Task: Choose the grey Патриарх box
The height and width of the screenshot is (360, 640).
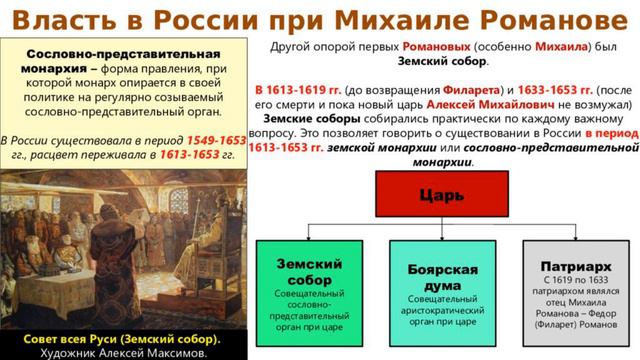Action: click(576, 290)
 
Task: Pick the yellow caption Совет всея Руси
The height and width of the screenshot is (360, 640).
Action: click(123, 339)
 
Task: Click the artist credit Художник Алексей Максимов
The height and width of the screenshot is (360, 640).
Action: click(123, 352)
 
